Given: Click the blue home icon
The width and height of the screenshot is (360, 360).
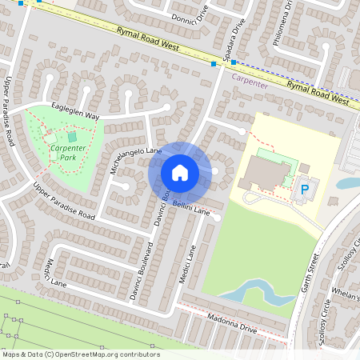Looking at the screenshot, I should [180, 173].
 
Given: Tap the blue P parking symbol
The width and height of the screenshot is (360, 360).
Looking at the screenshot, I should [304, 190].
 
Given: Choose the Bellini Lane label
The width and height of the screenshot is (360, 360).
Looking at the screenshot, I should [190, 210].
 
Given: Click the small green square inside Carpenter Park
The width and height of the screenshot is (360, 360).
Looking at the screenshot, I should [73, 137].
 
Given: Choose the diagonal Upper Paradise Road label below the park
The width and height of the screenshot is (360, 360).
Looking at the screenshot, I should [64, 201].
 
